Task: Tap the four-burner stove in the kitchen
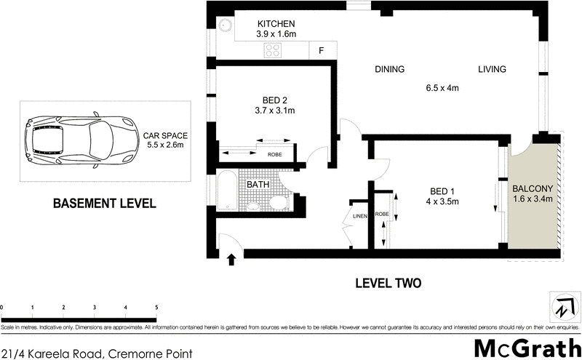(273, 50)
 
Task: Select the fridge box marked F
(320, 51)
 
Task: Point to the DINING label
(389, 70)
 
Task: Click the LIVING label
(491, 70)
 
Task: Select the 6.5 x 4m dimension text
(442, 89)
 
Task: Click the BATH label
(258, 185)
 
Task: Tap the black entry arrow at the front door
(232, 259)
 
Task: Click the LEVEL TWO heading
(387, 283)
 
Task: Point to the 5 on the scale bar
(156, 308)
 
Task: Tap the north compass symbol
(564, 305)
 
